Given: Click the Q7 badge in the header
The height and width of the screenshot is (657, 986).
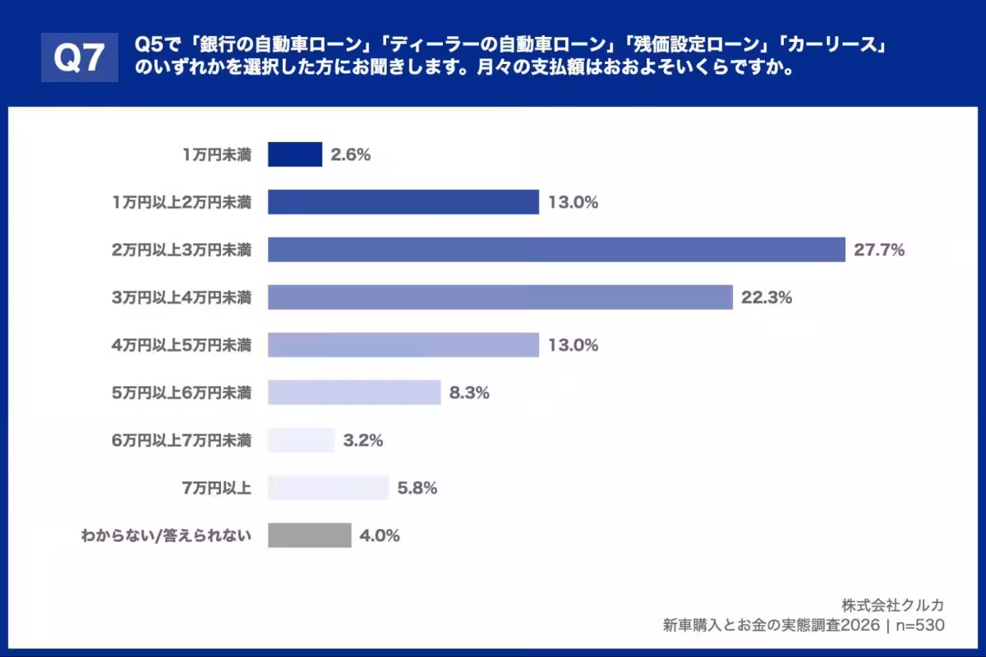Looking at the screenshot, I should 79,57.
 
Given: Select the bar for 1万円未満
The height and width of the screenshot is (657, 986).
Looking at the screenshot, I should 294,154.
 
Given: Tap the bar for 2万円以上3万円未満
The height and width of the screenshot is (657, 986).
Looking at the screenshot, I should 556,250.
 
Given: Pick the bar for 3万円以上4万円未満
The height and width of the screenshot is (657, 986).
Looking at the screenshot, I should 500,297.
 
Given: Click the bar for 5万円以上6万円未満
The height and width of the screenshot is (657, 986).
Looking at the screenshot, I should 354,393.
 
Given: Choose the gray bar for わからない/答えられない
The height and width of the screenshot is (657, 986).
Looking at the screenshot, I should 309,535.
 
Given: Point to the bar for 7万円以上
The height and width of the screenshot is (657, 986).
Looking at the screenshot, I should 328,488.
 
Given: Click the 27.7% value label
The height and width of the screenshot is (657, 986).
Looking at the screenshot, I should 879,250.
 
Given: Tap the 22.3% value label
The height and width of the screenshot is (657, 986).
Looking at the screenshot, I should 767,298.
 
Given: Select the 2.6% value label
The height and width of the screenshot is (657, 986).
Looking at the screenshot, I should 351,154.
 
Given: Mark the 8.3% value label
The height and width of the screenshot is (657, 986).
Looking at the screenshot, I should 469,393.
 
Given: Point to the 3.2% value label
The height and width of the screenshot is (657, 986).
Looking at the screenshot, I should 363,441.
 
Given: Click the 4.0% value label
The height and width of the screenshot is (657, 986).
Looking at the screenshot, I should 380,536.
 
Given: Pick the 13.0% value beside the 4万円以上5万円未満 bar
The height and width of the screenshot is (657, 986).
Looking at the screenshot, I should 573,346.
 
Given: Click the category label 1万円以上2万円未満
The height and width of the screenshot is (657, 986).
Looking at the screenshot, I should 182,202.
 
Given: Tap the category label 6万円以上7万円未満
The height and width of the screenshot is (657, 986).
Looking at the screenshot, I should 182,441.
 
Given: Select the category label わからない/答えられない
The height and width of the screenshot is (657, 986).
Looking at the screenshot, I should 166,536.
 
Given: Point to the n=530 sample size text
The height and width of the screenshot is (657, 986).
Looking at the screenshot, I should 919,625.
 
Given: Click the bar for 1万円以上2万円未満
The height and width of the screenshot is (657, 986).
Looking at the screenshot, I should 403,202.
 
